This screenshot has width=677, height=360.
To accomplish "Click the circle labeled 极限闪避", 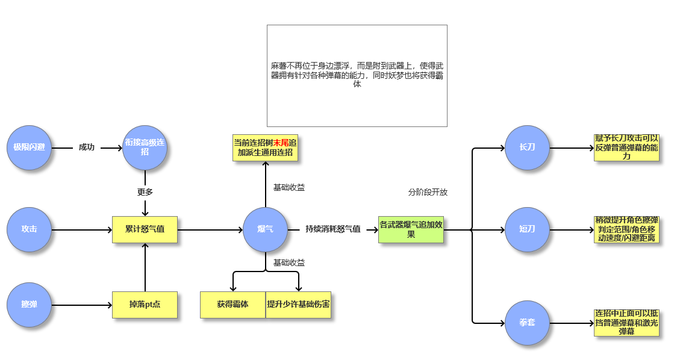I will pyautogui.click(x=30, y=147).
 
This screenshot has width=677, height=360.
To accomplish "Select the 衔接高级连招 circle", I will pyautogui.click(x=145, y=147).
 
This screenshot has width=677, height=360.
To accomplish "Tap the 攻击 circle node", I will pyautogui.click(x=30, y=229).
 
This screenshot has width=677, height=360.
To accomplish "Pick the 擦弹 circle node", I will pyautogui.click(x=30, y=305).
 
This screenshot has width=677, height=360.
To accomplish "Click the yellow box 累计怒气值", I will pyautogui.click(x=145, y=229).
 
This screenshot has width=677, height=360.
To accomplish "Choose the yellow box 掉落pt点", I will pyautogui.click(x=145, y=305).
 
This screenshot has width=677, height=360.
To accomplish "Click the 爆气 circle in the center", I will pyautogui.click(x=265, y=229).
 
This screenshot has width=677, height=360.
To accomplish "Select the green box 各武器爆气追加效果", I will pyautogui.click(x=411, y=229).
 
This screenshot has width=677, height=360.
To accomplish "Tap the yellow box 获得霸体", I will pyautogui.click(x=232, y=305).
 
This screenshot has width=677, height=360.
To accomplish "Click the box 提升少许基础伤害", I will pyautogui.click(x=299, y=305).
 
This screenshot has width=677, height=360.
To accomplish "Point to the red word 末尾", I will pyautogui.click(x=281, y=143).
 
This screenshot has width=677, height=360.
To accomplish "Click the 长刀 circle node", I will pyautogui.click(x=527, y=147).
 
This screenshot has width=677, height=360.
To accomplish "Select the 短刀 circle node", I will pyautogui.click(x=527, y=229).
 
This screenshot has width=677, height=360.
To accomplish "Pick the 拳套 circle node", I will pyautogui.click(x=527, y=323).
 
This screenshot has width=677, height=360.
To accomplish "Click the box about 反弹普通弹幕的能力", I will pyautogui.click(x=626, y=147).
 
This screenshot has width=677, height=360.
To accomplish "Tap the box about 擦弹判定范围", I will pyautogui.click(x=626, y=229).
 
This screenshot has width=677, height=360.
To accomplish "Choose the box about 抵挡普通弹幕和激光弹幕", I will pyautogui.click(x=626, y=323).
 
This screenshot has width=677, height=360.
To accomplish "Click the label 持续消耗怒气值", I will pyautogui.click(x=333, y=229).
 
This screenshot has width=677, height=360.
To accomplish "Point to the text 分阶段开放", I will pyautogui.click(x=428, y=193).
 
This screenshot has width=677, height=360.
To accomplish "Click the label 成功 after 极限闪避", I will pyautogui.click(x=87, y=147).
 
